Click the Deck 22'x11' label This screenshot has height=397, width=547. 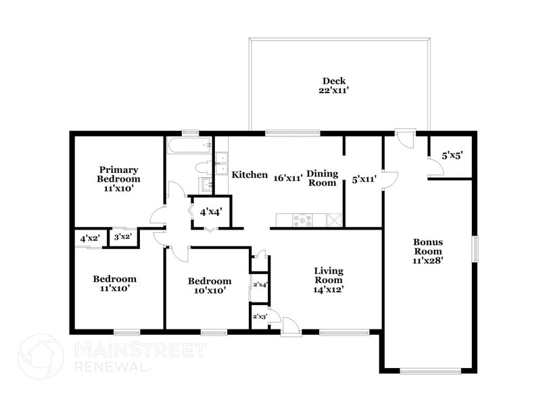pyautogui.click(x=334, y=85)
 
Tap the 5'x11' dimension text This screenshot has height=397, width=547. pyautogui.click(x=364, y=180)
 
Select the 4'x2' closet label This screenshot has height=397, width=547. pyautogui.click(x=89, y=238)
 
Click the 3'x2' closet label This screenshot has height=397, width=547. pyautogui.click(x=122, y=237)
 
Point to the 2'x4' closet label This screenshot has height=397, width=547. pyautogui.click(x=260, y=284)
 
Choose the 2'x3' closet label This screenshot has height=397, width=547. pyautogui.click(x=260, y=316)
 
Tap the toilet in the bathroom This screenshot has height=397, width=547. pyautogui.click(x=203, y=167)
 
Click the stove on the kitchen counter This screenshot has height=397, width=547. pyautogui.click(x=302, y=219)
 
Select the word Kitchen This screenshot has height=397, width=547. pyautogui.click(x=249, y=175)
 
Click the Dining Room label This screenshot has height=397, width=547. pyautogui.click(x=322, y=178)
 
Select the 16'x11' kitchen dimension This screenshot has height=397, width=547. pyautogui.click(x=287, y=179)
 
